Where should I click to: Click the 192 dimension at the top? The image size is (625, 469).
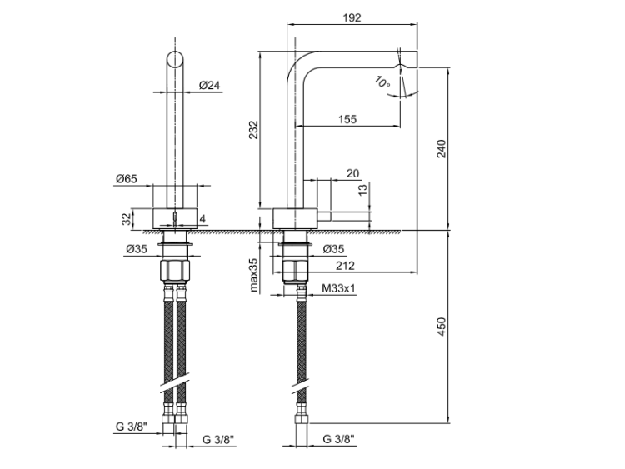point(352,17)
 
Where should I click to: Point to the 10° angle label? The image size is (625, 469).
point(382,82)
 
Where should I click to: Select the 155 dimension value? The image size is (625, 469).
point(347,119)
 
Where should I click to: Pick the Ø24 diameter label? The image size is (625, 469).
point(209,84)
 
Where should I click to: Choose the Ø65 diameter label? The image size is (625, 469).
point(127,178)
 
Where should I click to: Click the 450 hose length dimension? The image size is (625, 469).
point(442,327)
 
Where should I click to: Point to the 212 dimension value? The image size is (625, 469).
point(347,267)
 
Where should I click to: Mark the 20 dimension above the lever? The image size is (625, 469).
point(352,173)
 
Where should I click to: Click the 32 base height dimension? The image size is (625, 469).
point(127,219)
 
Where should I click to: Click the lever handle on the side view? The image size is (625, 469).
point(351,215)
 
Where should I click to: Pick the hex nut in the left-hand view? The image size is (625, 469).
point(176,272)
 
